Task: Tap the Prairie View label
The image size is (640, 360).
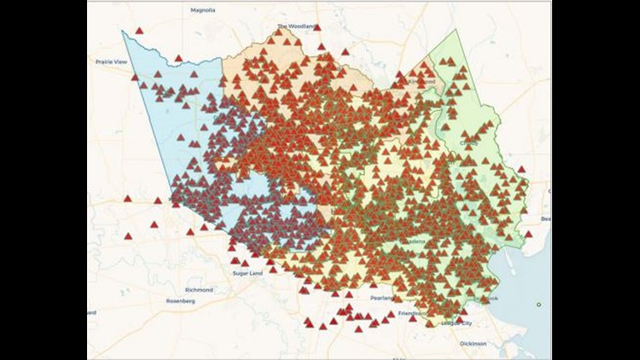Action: [x=110, y=61]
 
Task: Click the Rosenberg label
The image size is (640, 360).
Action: [x=180, y=301]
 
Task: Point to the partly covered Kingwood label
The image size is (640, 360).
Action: [x=423, y=82]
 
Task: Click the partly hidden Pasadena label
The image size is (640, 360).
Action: [x=415, y=241]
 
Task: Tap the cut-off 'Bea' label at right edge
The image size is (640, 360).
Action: [x=545, y=219]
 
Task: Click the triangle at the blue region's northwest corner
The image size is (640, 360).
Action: [x=138, y=32]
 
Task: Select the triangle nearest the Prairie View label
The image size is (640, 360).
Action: [x=134, y=77]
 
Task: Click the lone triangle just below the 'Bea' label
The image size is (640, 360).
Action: [x=528, y=234]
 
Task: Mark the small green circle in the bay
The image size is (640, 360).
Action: [x=538, y=305]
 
